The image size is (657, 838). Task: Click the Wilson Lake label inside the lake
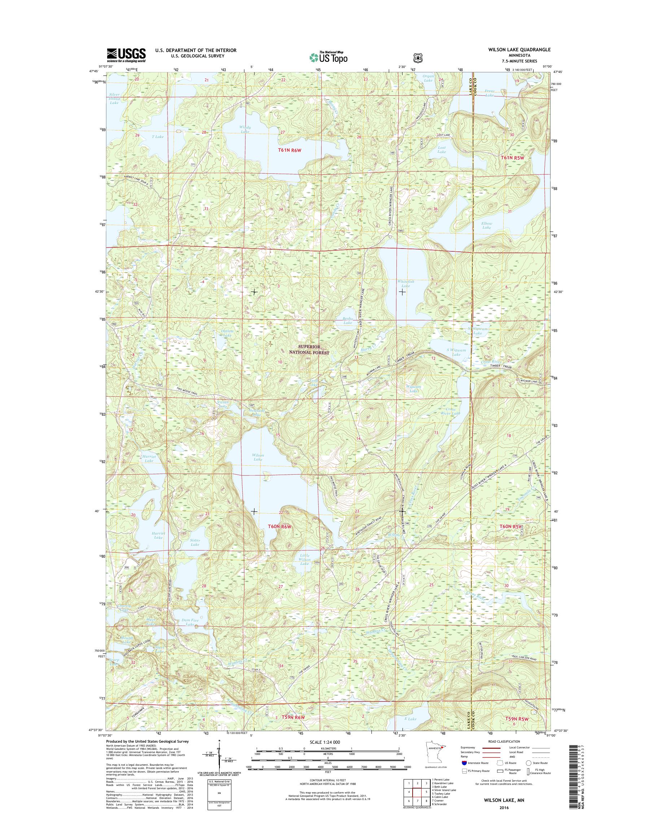click(258, 457)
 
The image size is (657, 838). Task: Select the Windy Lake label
click(245, 129)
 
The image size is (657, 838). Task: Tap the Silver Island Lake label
click(114, 99)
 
